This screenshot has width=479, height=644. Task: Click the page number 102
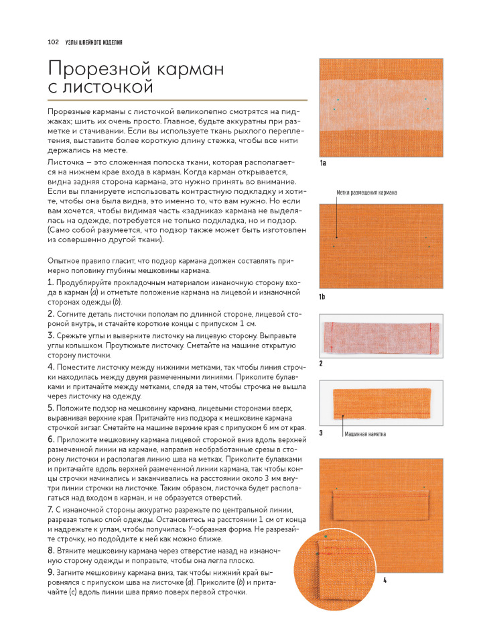click(x=54, y=42)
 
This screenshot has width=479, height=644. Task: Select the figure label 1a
click(x=322, y=163)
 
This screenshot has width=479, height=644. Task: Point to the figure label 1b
click(x=322, y=297)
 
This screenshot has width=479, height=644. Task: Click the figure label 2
click(x=321, y=364)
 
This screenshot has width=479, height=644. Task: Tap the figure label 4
click(x=385, y=580)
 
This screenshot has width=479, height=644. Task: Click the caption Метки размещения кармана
click(x=366, y=193)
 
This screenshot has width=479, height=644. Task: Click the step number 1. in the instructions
click(x=51, y=282)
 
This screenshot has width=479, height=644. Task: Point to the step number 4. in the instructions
click(x=51, y=367)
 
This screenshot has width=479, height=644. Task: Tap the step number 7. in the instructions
click(x=51, y=510)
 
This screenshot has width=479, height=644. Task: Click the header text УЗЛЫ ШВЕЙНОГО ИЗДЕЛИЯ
click(x=94, y=42)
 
